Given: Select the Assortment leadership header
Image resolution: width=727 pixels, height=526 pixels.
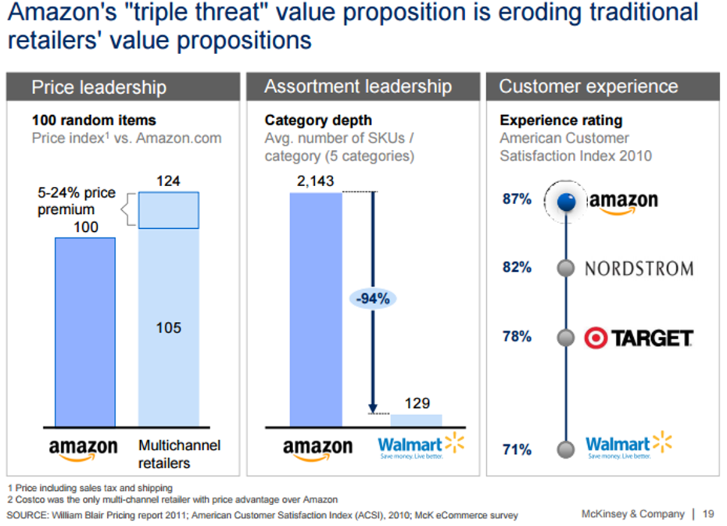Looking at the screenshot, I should (359, 87).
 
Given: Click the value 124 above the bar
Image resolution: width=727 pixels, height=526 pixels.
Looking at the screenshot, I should (168, 181).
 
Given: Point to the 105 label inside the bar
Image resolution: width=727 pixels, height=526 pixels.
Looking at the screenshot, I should (168, 328).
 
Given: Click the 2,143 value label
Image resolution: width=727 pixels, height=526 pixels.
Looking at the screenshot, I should (315, 181).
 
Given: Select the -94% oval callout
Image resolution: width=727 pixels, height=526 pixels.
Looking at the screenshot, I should (373, 299).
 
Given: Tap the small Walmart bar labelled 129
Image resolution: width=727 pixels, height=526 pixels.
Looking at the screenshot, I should (416, 420).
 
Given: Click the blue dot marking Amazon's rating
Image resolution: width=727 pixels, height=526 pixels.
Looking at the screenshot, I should (567, 201).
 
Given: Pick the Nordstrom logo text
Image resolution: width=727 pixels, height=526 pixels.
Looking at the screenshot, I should (639, 269).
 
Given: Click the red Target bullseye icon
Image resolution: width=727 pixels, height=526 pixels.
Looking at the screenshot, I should (596, 338).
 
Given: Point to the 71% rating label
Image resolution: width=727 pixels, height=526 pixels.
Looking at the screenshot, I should (517, 449).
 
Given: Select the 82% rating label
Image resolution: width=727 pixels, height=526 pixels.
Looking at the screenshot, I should (517, 267).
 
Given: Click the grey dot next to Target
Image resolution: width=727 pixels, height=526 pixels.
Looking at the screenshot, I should (566, 338).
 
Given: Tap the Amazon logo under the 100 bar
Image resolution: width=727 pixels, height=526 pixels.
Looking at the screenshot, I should (84, 449).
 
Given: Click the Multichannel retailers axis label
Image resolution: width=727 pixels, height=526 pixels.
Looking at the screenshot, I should (179, 454).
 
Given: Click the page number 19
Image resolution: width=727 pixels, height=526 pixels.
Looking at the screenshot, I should (708, 513).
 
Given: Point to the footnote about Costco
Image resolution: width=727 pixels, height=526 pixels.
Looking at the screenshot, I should (172, 499).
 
